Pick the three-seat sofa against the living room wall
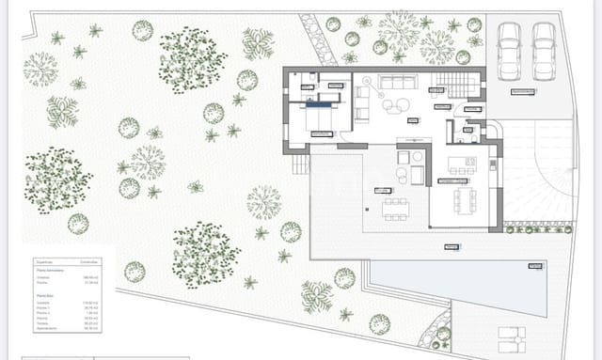[396, 80]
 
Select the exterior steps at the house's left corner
[300, 164]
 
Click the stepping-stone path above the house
[322, 47]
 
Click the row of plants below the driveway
[536, 228]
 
